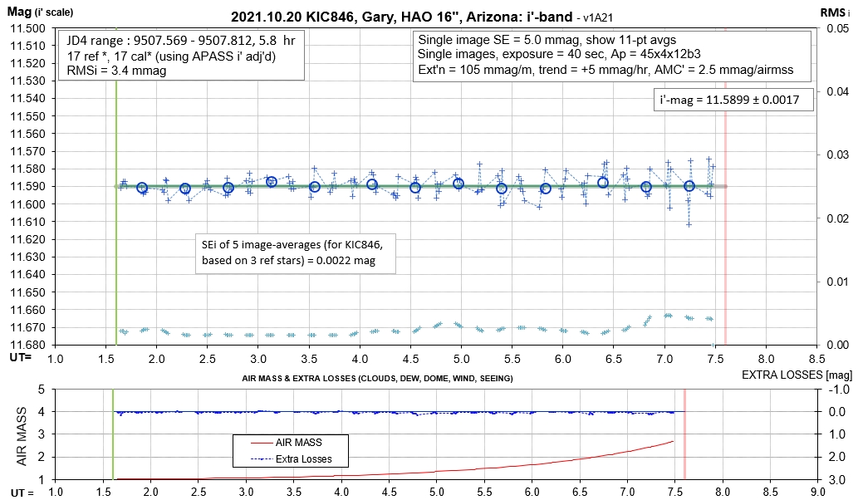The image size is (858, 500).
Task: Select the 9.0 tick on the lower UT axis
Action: [x=819, y=492]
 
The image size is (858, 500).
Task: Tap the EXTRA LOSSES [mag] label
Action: [x=794, y=375]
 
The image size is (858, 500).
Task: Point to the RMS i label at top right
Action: [x=836, y=12]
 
